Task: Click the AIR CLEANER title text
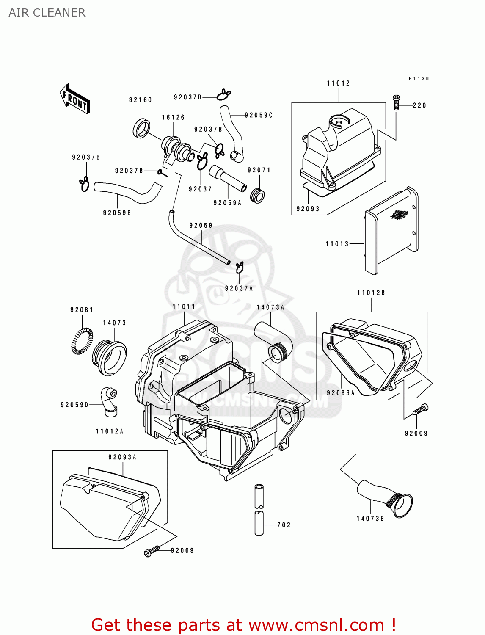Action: [47, 13]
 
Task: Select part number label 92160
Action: [141, 100]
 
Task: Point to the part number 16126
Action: [173, 117]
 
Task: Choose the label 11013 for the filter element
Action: [337, 244]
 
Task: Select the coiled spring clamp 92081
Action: [82, 341]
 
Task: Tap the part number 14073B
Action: [370, 519]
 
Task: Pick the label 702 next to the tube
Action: [284, 525]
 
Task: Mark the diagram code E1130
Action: [419, 79]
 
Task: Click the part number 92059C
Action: [259, 115]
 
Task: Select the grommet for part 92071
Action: [257, 196]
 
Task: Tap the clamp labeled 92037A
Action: [240, 267]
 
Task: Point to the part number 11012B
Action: [371, 293]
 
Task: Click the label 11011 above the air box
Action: [184, 307]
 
